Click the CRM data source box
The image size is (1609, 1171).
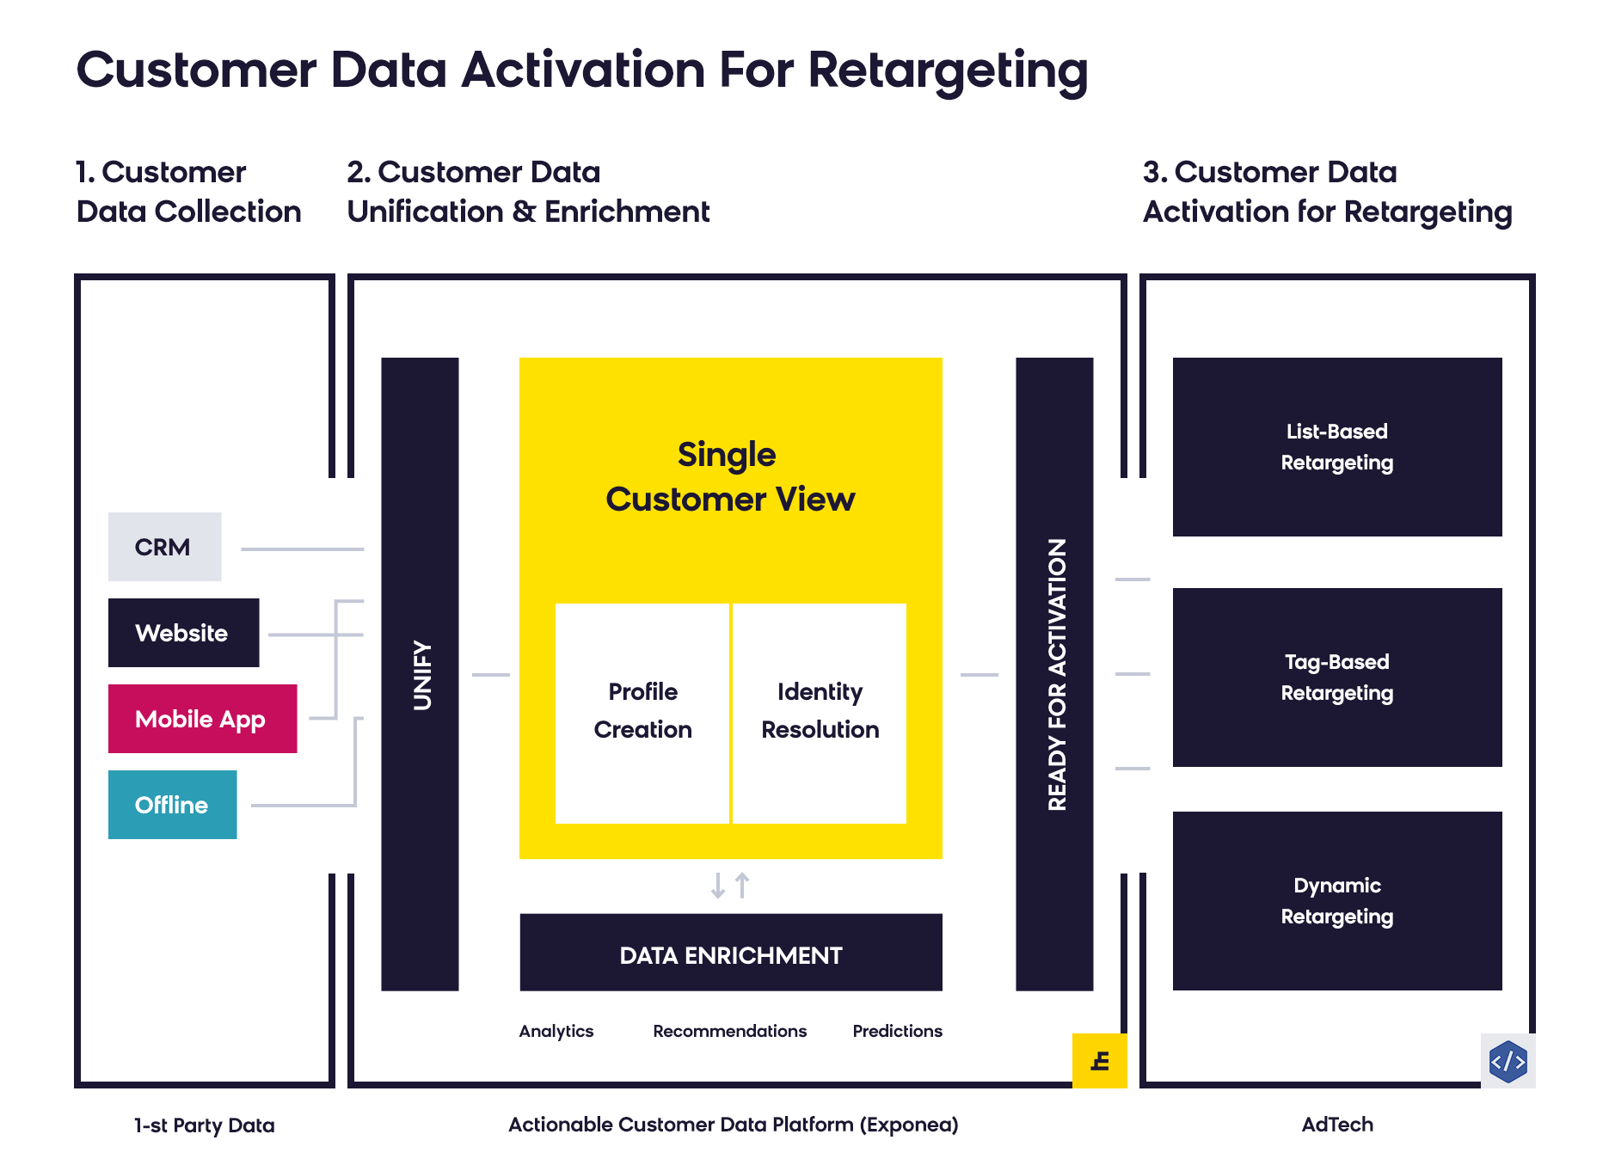164,547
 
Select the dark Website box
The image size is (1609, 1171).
183,633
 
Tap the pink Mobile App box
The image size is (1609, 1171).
202,719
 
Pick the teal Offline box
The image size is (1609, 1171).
172,805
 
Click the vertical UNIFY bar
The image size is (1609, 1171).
420,674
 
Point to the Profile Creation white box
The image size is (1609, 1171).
642,714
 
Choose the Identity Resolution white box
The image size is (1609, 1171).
820,714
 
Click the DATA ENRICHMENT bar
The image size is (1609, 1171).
731,953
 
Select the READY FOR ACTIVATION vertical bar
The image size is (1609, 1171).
1054,674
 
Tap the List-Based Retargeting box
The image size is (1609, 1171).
1337,447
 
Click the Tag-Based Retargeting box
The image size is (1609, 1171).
1337,677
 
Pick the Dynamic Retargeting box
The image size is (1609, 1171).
1337,901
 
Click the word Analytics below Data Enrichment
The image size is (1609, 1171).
556,1031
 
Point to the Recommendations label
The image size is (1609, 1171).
730,1031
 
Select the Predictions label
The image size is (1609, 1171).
898,1031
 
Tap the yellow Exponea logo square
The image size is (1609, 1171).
1100,1061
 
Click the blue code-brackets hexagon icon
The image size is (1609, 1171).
1508,1061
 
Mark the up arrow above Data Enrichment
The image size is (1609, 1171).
743,886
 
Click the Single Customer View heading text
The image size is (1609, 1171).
730,477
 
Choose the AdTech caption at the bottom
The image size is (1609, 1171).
1337,1125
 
